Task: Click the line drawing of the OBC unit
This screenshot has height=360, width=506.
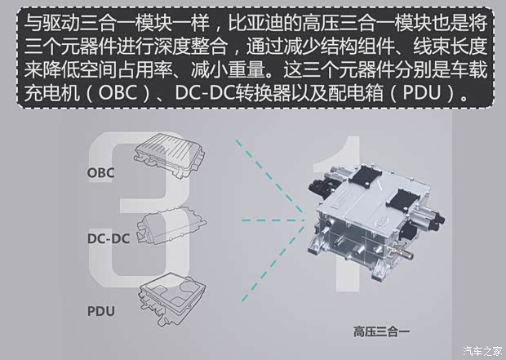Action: click(x=171, y=158)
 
